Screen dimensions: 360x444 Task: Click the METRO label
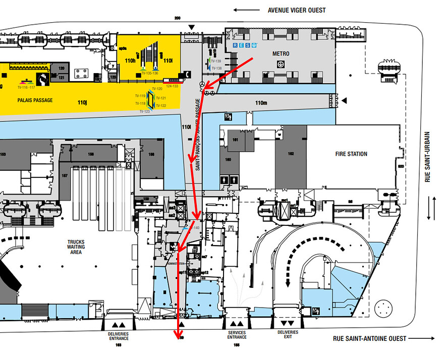click(281, 53)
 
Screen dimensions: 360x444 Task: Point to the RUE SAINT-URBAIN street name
click(428, 157)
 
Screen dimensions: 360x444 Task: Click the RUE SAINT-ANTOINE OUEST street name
click(369, 338)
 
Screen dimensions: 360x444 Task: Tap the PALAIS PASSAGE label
click(35, 100)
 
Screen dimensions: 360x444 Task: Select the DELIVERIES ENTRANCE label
click(118, 335)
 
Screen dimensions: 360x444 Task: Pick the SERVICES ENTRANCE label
click(237, 335)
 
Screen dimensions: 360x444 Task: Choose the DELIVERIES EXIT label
click(288, 335)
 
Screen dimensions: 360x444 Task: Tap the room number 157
click(64, 176)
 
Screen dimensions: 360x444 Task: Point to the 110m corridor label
click(261, 103)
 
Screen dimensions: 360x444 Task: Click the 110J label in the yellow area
click(83, 102)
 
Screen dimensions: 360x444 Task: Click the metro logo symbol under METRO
click(281, 64)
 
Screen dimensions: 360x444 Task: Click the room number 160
click(228, 159)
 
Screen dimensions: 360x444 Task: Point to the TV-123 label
click(144, 111)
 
